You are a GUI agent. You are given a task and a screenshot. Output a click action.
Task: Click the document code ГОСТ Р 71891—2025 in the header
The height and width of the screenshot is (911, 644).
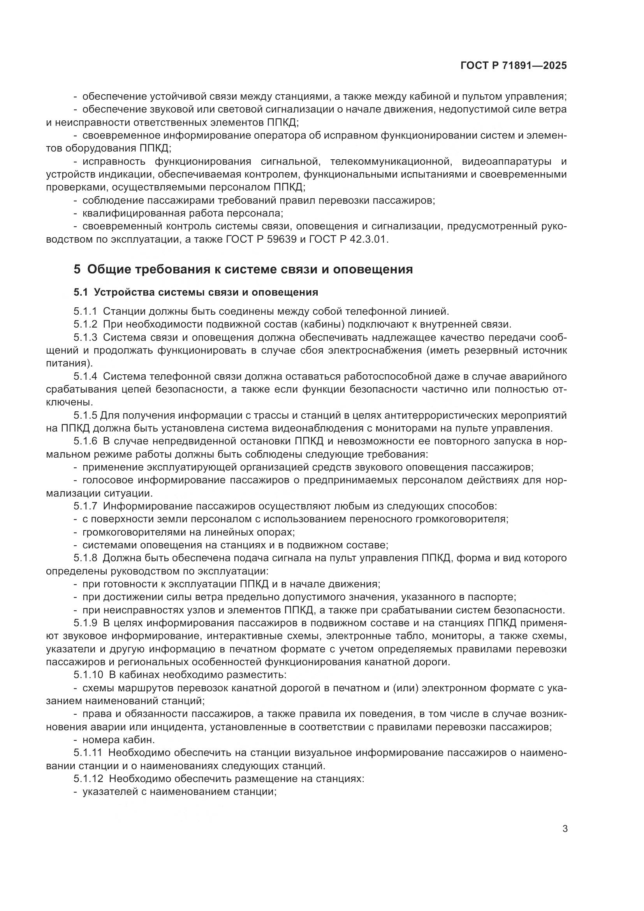click(514, 66)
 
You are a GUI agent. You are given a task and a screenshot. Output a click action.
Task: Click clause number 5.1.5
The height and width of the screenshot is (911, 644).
click(85, 416)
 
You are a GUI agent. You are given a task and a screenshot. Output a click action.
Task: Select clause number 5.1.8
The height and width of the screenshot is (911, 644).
click(85, 558)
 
